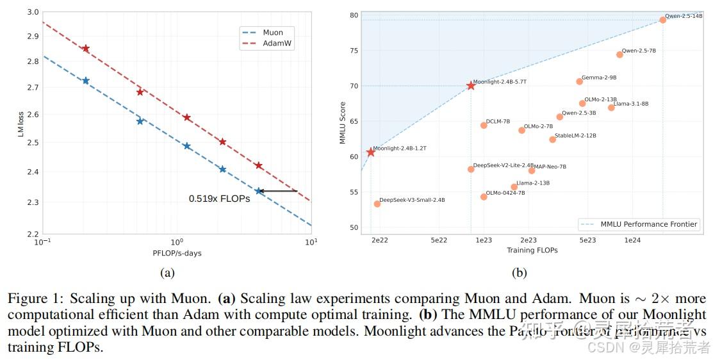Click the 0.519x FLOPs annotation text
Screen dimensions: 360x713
219,199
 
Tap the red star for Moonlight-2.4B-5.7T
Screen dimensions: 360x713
471,85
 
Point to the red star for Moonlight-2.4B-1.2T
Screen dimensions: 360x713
370,152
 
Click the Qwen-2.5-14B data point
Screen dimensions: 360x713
663,20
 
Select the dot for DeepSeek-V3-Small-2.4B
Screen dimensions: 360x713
377,204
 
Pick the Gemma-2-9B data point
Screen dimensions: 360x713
580,81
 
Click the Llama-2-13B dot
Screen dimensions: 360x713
514,187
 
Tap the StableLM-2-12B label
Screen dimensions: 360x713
575,136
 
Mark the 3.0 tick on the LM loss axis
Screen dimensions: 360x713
31,12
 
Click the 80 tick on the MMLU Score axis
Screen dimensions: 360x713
353,15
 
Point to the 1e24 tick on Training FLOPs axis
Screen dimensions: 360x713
632,240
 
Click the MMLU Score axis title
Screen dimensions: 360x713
343,122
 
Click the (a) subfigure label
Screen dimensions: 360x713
167,273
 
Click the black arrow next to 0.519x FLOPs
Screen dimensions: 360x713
279,191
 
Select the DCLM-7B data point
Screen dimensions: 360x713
484,125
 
